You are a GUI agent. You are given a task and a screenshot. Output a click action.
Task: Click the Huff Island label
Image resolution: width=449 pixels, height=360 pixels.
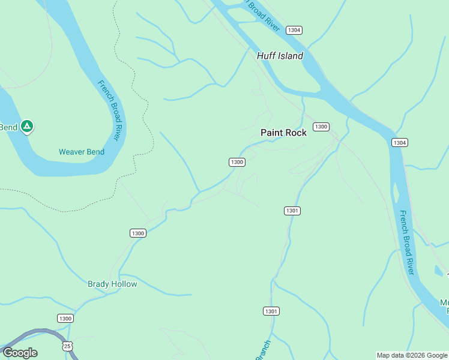pyautogui.click(x=280, y=56)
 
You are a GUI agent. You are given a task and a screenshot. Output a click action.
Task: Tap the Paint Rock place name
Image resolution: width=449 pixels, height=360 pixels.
pyautogui.click(x=283, y=133)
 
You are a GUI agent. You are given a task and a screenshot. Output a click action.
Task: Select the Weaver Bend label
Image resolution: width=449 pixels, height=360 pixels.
pyautogui.click(x=82, y=152)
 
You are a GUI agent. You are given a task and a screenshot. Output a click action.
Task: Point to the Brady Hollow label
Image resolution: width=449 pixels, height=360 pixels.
pyautogui.click(x=112, y=284)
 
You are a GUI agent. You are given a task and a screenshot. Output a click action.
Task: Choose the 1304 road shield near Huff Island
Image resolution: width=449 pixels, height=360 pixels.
pyautogui.click(x=294, y=30)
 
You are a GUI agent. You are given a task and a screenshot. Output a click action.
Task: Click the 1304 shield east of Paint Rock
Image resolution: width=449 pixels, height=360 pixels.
pyautogui.click(x=400, y=142)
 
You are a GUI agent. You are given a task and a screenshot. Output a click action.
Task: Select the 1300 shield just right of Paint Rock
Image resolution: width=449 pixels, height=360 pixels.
pyautogui.click(x=321, y=127)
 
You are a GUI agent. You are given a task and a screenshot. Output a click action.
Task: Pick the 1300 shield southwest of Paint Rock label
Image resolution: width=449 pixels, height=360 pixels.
pyautogui.click(x=237, y=162)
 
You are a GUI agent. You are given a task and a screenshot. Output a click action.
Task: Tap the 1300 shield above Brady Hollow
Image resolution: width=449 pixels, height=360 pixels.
pyautogui.click(x=138, y=233)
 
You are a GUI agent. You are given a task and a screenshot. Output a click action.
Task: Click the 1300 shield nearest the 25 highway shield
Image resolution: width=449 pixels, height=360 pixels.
pyautogui.click(x=65, y=318)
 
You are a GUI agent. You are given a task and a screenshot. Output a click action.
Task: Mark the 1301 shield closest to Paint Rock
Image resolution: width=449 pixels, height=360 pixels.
pyautogui.click(x=292, y=211)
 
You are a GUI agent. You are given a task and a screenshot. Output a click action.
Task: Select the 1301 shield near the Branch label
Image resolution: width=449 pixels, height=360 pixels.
pyautogui.click(x=271, y=311)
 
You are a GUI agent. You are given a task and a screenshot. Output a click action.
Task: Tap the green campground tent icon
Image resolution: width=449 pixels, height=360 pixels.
pyautogui.click(x=26, y=127)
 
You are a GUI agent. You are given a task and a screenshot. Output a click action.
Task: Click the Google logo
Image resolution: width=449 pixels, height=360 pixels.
pyautogui.click(x=20, y=353)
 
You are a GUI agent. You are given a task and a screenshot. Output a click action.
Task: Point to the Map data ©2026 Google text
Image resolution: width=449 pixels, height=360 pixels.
pyautogui.click(x=412, y=355)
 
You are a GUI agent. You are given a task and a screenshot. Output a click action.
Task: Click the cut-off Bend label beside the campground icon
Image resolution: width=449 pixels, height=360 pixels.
pyautogui.click(x=8, y=127)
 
